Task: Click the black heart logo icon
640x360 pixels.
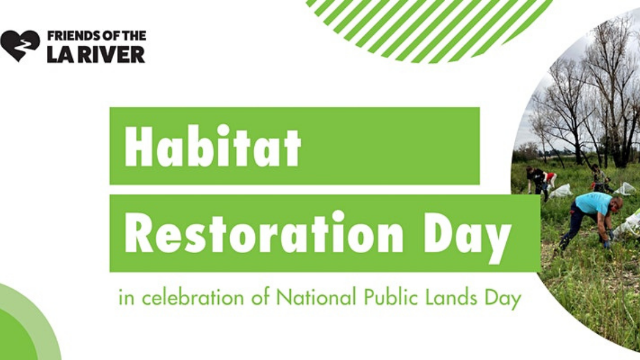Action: click(x=20, y=46)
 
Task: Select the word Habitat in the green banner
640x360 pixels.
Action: click(x=212, y=146)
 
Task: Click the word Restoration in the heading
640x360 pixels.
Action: click(x=263, y=232)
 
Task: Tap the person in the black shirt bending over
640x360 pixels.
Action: click(x=537, y=181)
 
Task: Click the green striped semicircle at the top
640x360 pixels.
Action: click(x=429, y=29)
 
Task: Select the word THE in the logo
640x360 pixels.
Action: click(x=134, y=36)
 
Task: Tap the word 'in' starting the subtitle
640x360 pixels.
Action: click(x=126, y=298)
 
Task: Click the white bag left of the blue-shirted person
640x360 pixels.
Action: click(x=561, y=191)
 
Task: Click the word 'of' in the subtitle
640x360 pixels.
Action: click(x=260, y=297)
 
